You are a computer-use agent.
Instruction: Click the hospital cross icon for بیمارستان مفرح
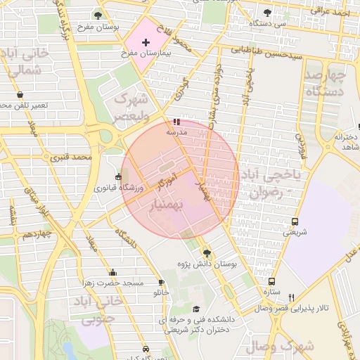(146, 43)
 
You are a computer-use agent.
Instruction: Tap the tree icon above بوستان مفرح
(97, 15)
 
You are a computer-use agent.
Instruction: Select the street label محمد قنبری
(76, 156)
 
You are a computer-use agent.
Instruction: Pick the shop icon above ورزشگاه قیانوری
(118, 177)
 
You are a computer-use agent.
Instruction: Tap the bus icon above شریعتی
(295, 220)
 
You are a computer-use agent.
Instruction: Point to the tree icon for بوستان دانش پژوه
(206, 253)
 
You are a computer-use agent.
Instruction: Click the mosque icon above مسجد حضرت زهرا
(113, 272)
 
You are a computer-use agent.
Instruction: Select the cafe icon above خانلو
(162, 282)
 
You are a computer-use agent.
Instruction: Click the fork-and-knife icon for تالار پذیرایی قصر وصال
(290, 297)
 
